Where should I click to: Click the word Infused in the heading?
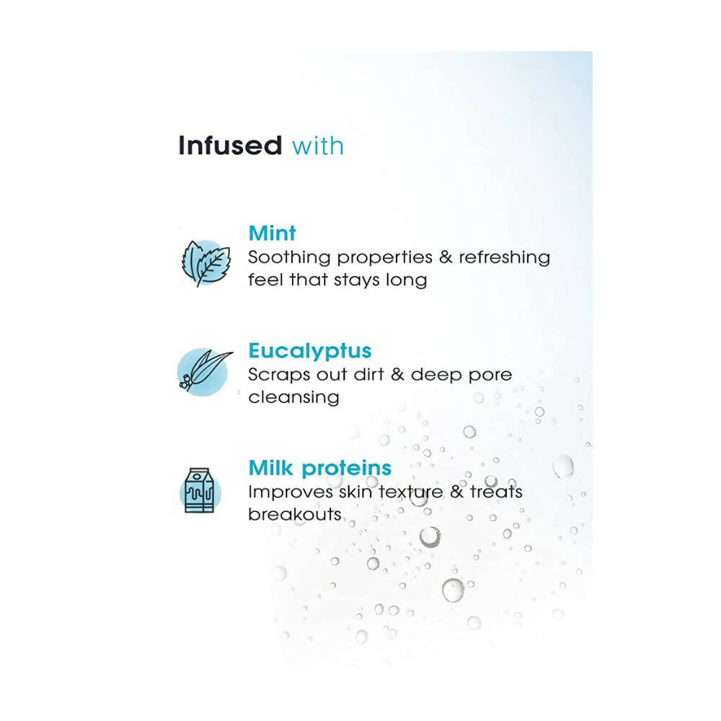(x=230, y=146)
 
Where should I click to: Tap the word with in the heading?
(x=318, y=146)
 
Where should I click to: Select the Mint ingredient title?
(x=272, y=233)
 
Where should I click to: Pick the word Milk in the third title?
(x=271, y=468)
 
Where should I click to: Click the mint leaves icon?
(x=206, y=263)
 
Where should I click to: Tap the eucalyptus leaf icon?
(x=204, y=371)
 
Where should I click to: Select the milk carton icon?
(x=200, y=490)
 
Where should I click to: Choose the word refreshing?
(x=505, y=258)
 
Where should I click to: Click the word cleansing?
(x=294, y=398)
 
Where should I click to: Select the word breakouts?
(x=295, y=514)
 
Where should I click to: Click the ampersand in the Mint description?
(x=446, y=257)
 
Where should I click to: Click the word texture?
(x=411, y=492)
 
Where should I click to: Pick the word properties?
(x=385, y=258)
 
